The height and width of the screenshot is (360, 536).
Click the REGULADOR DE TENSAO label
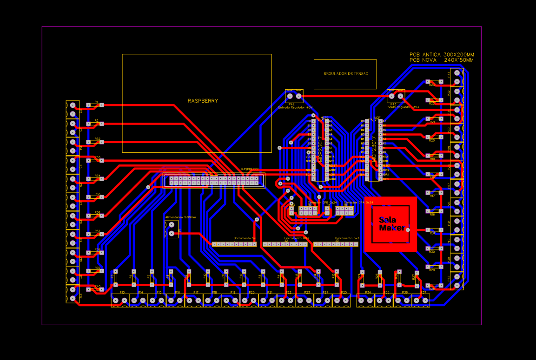click(345, 74)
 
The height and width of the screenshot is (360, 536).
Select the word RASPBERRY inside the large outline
click(203, 101)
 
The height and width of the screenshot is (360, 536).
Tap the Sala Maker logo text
click(390, 224)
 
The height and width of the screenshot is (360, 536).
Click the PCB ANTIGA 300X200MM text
click(442, 54)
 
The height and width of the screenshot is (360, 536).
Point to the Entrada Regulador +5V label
click(295, 107)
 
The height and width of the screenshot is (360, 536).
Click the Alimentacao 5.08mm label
click(180, 217)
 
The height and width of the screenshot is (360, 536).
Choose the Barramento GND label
click(296, 238)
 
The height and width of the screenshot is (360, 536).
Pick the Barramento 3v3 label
click(347, 238)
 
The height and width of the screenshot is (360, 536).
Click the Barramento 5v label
click(245, 238)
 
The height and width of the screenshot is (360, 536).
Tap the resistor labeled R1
click(95, 105)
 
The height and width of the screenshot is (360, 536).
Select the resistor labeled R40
click(95, 289)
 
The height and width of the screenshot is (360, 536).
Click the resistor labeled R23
click(434, 82)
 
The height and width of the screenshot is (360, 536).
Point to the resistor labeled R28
click(434, 286)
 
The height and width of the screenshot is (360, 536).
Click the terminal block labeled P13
click(120, 301)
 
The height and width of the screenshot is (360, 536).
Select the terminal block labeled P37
click(421, 301)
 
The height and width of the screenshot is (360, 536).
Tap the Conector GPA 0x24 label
click(358, 203)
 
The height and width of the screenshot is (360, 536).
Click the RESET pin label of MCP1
click(385, 166)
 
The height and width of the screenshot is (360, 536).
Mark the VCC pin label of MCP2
click(308, 157)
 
